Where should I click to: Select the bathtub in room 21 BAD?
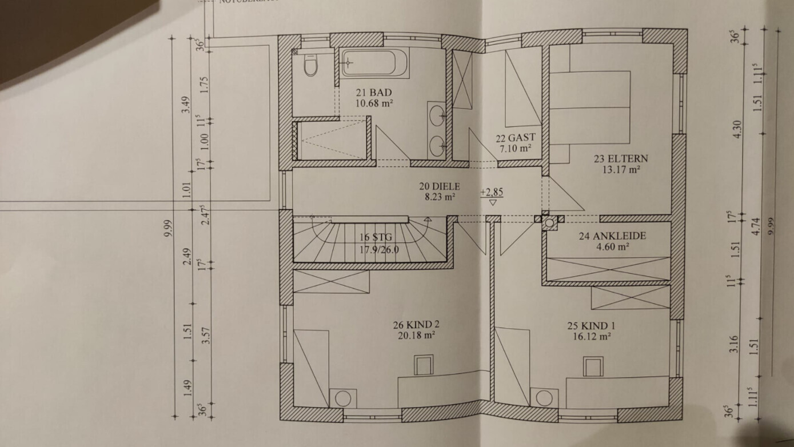pos(374,63)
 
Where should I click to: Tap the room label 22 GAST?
pos(515,137)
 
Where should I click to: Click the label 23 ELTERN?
pos(612,159)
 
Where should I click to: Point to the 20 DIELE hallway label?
pos(439,186)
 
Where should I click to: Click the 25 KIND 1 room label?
pos(591,326)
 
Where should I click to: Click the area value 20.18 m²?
pos(416,336)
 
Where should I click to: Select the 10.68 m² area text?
pos(374,103)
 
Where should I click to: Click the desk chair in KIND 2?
pos(424,365)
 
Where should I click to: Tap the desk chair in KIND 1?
pos(593,366)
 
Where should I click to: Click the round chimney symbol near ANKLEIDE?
pos(549,223)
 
